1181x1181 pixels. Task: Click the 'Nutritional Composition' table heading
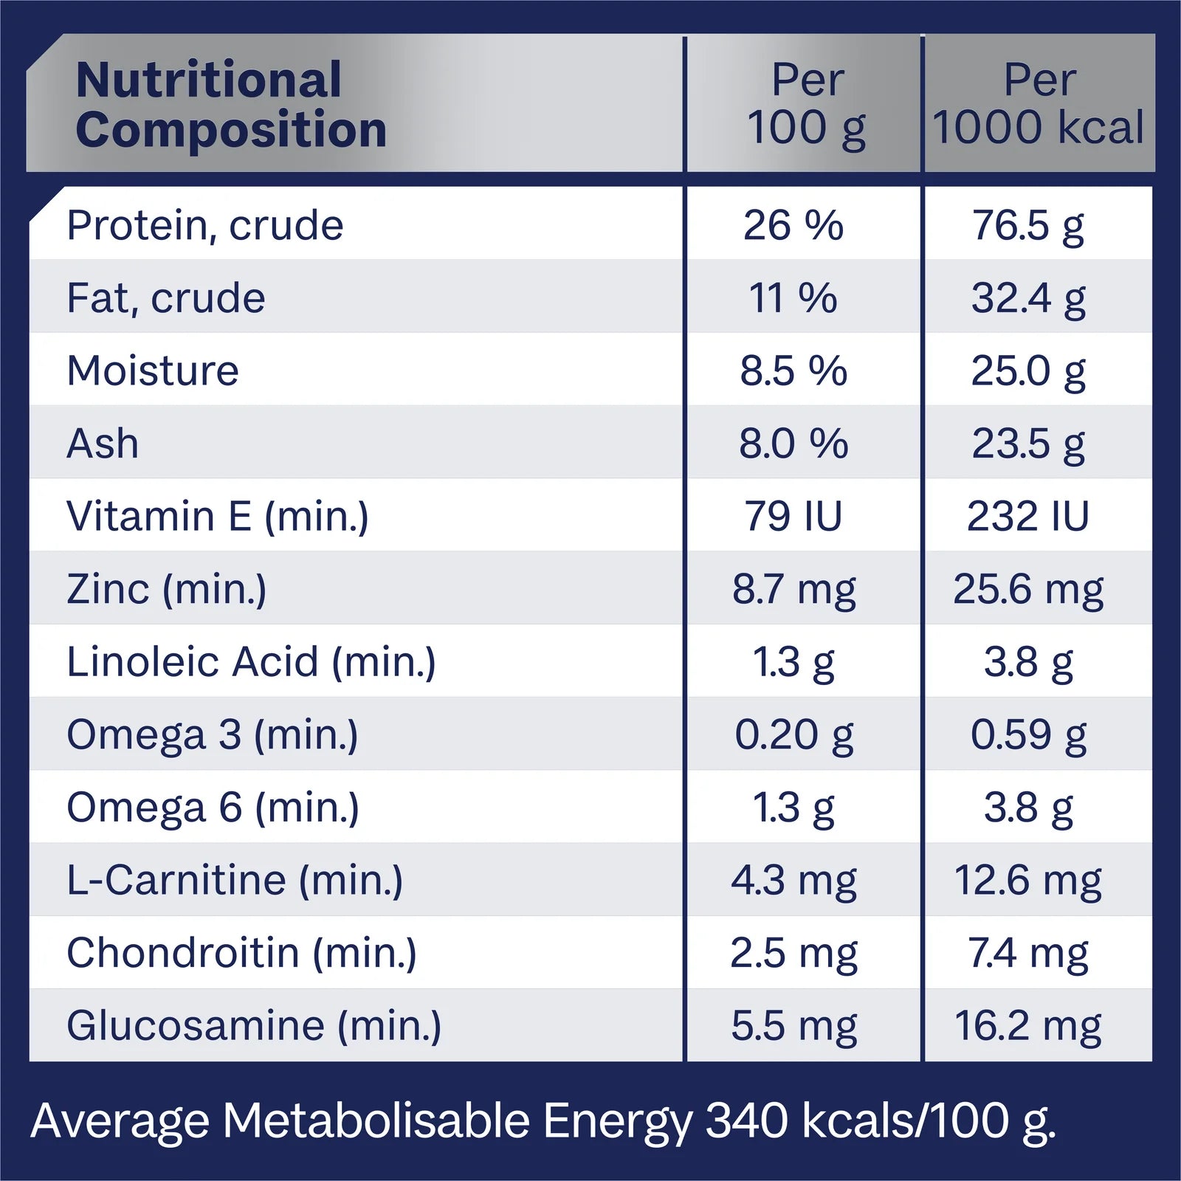[230, 104]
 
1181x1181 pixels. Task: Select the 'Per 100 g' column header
[806, 104]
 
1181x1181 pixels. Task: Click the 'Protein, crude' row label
[204, 225]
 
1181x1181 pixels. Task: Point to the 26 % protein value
[793, 225]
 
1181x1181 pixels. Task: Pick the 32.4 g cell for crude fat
[1027, 298]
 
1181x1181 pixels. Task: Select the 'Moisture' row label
[153, 371]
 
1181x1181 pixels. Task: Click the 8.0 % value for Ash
[793, 444]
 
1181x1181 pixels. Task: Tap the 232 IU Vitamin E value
[1027, 516]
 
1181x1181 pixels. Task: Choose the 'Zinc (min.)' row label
[166, 589]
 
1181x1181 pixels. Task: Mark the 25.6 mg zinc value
[1027, 589]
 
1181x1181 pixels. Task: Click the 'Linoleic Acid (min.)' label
[251, 662]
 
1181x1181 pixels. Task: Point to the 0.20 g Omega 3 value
[793, 734]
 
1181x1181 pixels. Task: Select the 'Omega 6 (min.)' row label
[213, 808]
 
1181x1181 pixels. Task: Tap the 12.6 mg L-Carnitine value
[1027, 880]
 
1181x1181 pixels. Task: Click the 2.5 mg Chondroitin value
[793, 953]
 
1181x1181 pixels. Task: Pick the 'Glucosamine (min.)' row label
[254, 1026]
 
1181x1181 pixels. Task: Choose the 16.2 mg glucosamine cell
[1027, 1026]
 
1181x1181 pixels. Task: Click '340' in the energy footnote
[747, 1120]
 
